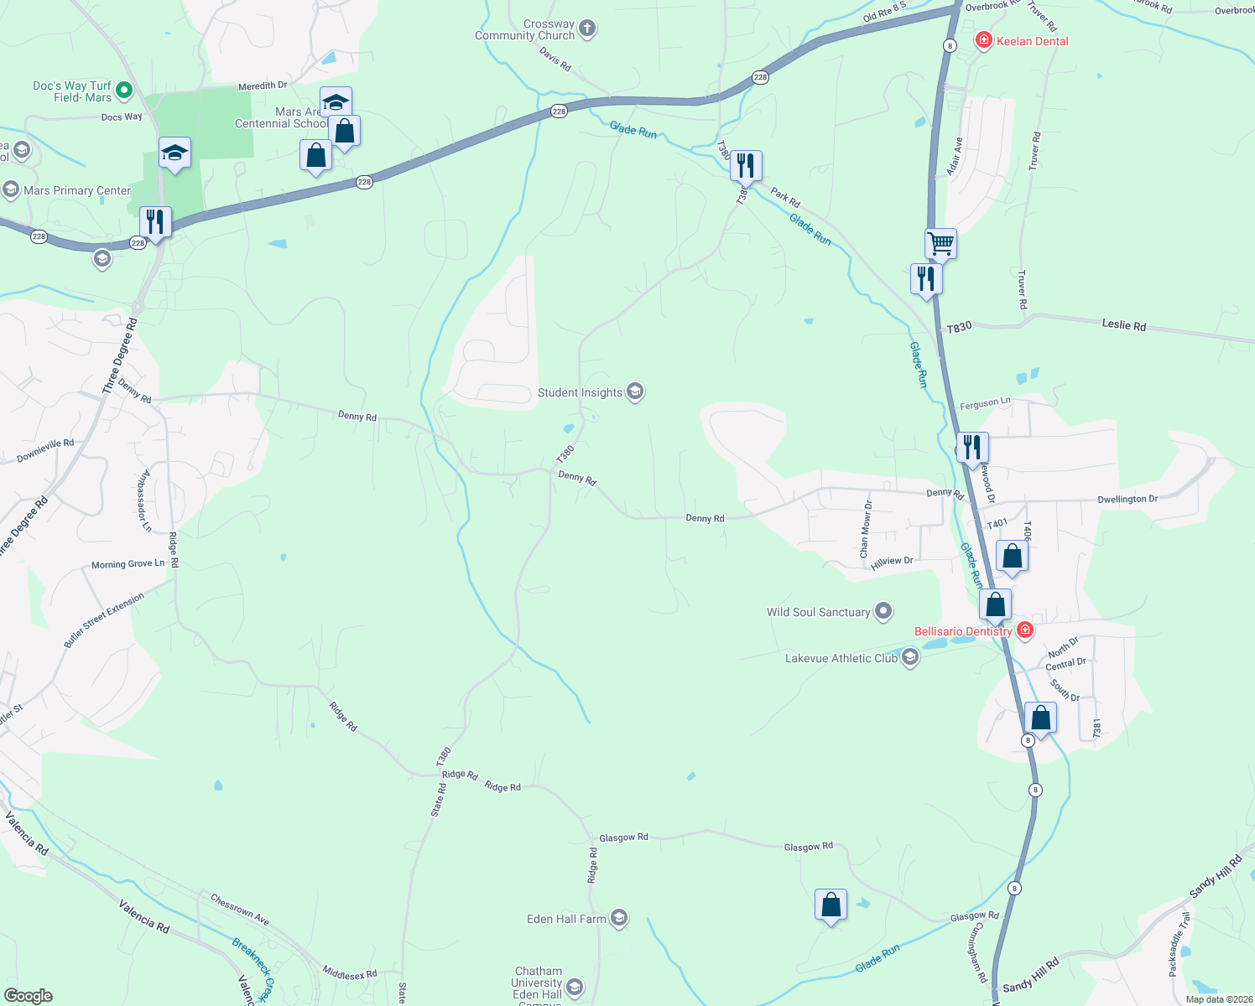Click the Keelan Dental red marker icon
984,40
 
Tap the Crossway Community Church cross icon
587,29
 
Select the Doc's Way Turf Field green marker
124,90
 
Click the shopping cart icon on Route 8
940,243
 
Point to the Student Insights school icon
635,392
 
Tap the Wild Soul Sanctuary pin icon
883,612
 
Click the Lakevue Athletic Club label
841,658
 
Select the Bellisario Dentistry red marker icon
1024,630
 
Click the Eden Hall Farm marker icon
619,919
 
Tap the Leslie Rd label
1122,325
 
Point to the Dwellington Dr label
1127,499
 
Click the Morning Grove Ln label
128,564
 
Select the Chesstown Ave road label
240,910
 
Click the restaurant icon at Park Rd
746,165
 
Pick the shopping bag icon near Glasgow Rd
831,905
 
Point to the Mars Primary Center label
77,190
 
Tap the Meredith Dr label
263,86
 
